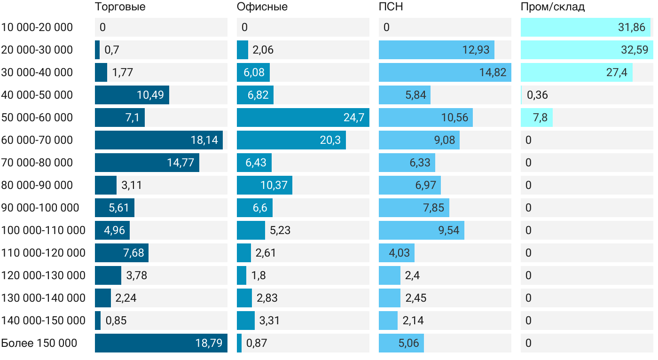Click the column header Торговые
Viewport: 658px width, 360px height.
[x=120, y=7]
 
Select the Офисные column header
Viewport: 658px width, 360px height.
[x=262, y=7]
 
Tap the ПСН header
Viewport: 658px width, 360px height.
[x=391, y=7]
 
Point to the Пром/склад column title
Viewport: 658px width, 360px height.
[x=552, y=7]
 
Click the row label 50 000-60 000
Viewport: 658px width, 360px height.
[x=37, y=117]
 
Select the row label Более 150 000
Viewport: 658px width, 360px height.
[x=39, y=343]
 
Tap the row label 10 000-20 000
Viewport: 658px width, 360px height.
[x=37, y=27]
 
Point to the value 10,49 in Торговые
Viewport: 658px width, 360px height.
[x=150, y=95]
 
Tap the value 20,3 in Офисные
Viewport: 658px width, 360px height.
[x=330, y=140]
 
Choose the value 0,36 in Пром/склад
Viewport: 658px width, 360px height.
[x=537, y=95]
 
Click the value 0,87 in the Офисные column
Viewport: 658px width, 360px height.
[x=256, y=343]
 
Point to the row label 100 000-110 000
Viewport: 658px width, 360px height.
[x=43, y=230]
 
